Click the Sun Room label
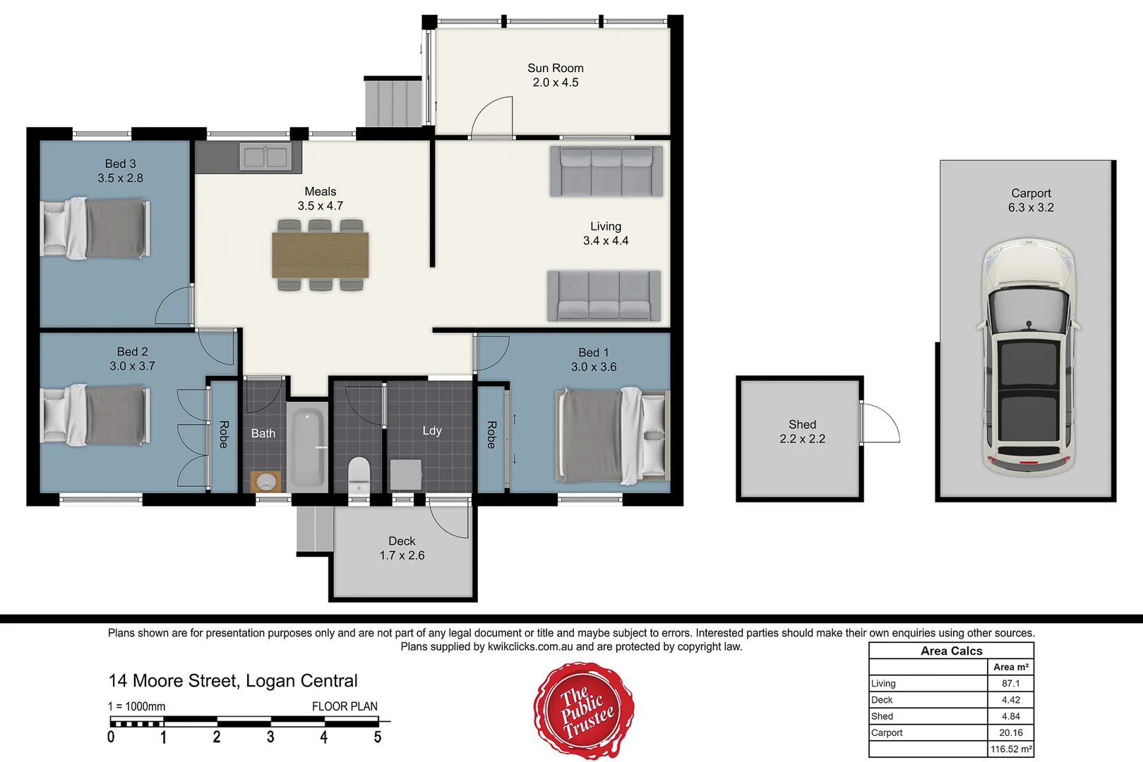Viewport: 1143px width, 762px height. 555,68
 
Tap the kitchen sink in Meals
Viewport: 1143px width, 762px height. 265,157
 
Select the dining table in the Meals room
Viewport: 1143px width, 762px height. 320,255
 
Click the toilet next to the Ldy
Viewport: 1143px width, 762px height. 359,475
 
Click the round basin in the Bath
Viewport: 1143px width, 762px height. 266,482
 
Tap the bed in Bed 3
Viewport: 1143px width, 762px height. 96,228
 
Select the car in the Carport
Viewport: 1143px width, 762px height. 1028,356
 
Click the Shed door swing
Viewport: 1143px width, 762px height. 880,423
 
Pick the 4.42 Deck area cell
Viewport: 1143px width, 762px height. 1010,700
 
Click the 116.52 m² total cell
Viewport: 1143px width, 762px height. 1010,749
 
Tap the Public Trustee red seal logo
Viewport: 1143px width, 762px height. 584,710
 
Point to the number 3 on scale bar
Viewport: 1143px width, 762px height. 270,737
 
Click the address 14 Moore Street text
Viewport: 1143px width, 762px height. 233,681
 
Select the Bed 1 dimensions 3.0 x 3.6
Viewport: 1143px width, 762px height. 593,367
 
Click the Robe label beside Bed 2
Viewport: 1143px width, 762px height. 223,435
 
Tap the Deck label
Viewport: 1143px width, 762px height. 402,541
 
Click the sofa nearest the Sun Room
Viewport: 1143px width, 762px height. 606,171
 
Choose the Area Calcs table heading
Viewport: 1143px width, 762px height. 951,651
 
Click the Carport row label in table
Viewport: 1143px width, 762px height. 887,733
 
